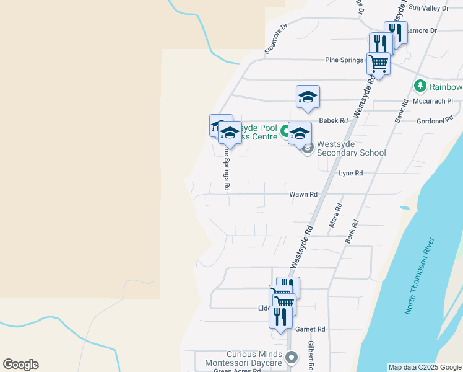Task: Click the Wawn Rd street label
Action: [x=303, y=194]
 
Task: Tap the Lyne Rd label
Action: [x=350, y=174]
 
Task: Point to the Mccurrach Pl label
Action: [x=437, y=101]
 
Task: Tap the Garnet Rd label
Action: [x=310, y=329]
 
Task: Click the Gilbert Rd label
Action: [x=312, y=355]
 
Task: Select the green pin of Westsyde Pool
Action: [x=285, y=131]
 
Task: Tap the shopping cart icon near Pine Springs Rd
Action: [x=378, y=63]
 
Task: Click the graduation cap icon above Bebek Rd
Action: [x=308, y=96]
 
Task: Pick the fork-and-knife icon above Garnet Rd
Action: [x=280, y=317]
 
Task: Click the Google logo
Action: [x=20, y=365]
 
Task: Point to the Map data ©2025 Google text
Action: [x=425, y=367]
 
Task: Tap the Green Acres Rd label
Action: [x=238, y=371]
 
